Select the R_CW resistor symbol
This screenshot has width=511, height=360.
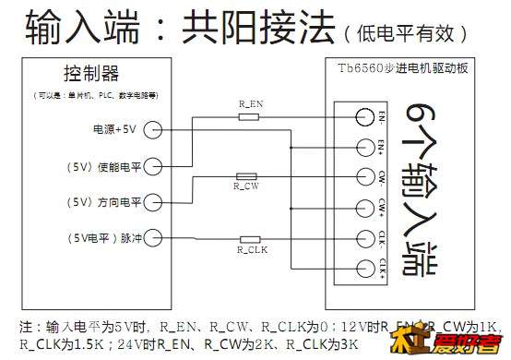[246, 175]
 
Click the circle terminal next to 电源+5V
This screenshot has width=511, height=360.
[154, 129]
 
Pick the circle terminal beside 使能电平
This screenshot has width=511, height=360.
[154, 165]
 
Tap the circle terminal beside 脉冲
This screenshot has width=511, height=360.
[154, 237]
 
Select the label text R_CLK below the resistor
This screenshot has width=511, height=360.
[251, 250]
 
